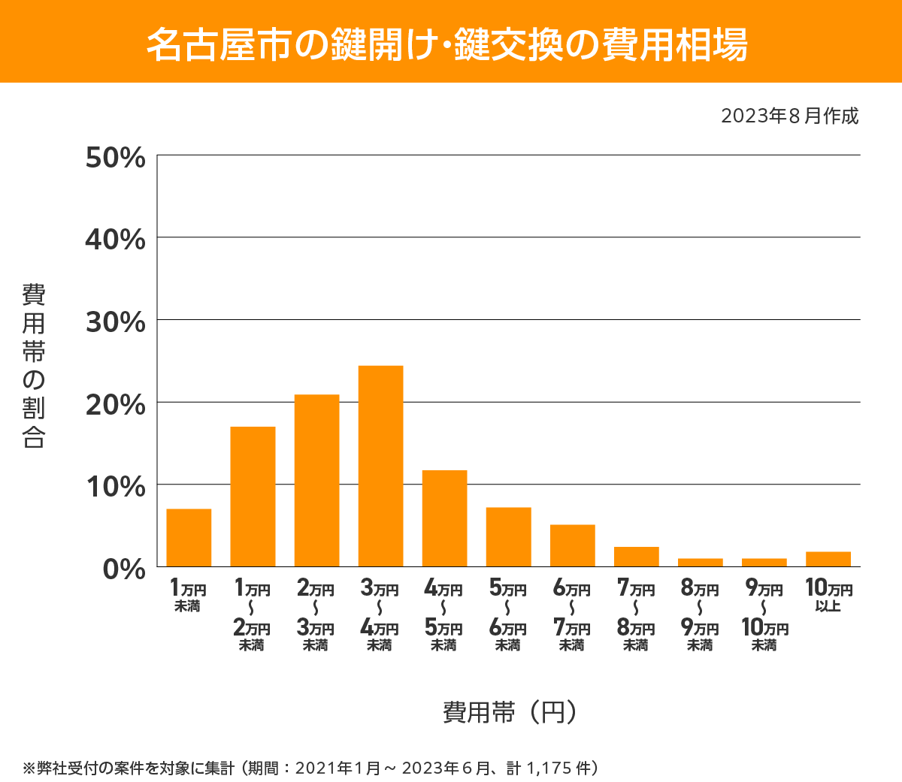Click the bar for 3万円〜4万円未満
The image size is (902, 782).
coord(380,466)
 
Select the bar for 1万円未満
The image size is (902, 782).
coord(189,538)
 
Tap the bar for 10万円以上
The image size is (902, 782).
coord(828,559)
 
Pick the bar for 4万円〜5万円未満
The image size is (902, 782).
coord(444,518)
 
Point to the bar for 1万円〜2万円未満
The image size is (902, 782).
coord(253,497)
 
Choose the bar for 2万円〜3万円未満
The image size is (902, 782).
coord(316,481)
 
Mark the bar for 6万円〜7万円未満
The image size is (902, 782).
coord(572,545)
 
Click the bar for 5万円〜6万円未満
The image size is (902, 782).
coord(508,537)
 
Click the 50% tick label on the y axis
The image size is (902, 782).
coord(115,158)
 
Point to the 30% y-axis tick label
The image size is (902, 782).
coord(115,322)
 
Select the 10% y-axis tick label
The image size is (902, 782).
coord(115,487)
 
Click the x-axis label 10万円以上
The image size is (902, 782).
coord(828,595)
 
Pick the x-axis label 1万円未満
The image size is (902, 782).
coord(188,595)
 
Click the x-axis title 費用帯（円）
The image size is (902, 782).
coord(509,711)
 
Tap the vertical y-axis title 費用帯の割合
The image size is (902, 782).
coord(34,366)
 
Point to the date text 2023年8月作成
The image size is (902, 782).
coord(789,116)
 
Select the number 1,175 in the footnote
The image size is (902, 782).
coord(549,768)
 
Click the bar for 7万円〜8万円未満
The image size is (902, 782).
coord(636,557)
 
